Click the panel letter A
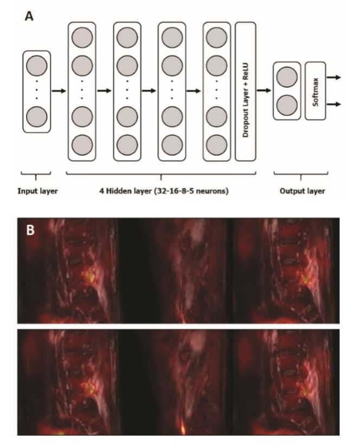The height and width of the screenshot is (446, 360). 29,16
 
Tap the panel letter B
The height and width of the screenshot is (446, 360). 30,230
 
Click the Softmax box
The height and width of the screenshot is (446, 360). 316,91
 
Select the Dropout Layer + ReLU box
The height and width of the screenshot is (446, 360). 245,92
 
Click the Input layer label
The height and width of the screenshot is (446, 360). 37,191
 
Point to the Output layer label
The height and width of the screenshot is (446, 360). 302,191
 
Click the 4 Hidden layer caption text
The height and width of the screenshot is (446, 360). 164,191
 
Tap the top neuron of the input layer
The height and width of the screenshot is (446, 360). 37,66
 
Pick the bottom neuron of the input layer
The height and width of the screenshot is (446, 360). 37,117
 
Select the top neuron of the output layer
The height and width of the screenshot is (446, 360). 287,77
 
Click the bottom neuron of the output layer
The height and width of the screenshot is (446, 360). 287,105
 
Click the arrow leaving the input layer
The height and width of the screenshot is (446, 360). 59,91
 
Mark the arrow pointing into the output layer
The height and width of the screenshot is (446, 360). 264,91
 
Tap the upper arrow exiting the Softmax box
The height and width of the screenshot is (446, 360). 334,77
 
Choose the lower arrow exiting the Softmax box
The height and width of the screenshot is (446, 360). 334,105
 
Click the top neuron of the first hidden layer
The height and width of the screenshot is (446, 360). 82,37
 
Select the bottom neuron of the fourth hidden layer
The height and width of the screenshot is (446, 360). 216,145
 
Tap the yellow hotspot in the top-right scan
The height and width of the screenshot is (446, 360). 306,279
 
